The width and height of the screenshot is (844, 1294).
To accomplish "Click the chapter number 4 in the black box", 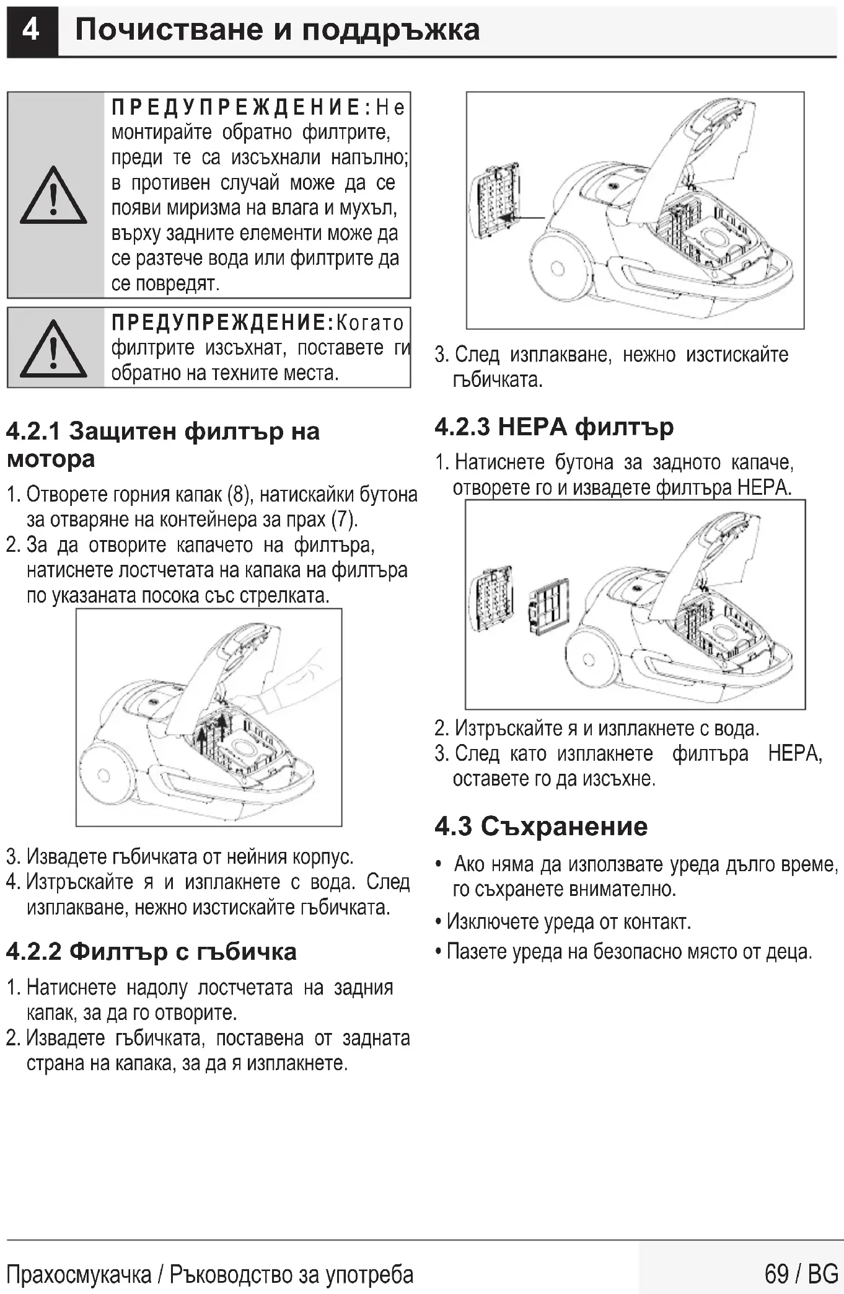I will (x=31, y=30).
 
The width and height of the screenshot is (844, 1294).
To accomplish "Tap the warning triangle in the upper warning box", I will (x=53, y=196).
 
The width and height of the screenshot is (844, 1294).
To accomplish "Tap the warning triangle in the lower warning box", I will (x=53, y=350).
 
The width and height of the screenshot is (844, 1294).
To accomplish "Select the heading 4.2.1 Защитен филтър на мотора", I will (x=162, y=445).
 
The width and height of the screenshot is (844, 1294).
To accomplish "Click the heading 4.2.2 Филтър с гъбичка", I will (x=151, y=951).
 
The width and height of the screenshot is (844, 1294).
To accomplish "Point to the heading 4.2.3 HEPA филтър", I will (x=554, y=427).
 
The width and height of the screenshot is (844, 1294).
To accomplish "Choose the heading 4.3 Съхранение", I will (x=541, y=826).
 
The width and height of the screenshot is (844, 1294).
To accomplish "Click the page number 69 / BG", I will (x=801, y=1274).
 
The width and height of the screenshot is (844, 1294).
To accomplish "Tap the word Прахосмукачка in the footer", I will (x=79, y=1275).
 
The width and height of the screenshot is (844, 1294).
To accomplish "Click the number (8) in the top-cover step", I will (x=239, y=494).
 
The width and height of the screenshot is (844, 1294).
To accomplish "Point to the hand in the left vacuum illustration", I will (x=291, y=682).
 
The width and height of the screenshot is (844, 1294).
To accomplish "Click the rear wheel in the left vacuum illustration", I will (x=104, y=775).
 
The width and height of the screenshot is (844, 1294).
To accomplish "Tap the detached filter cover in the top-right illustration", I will (x=495, y=202).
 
